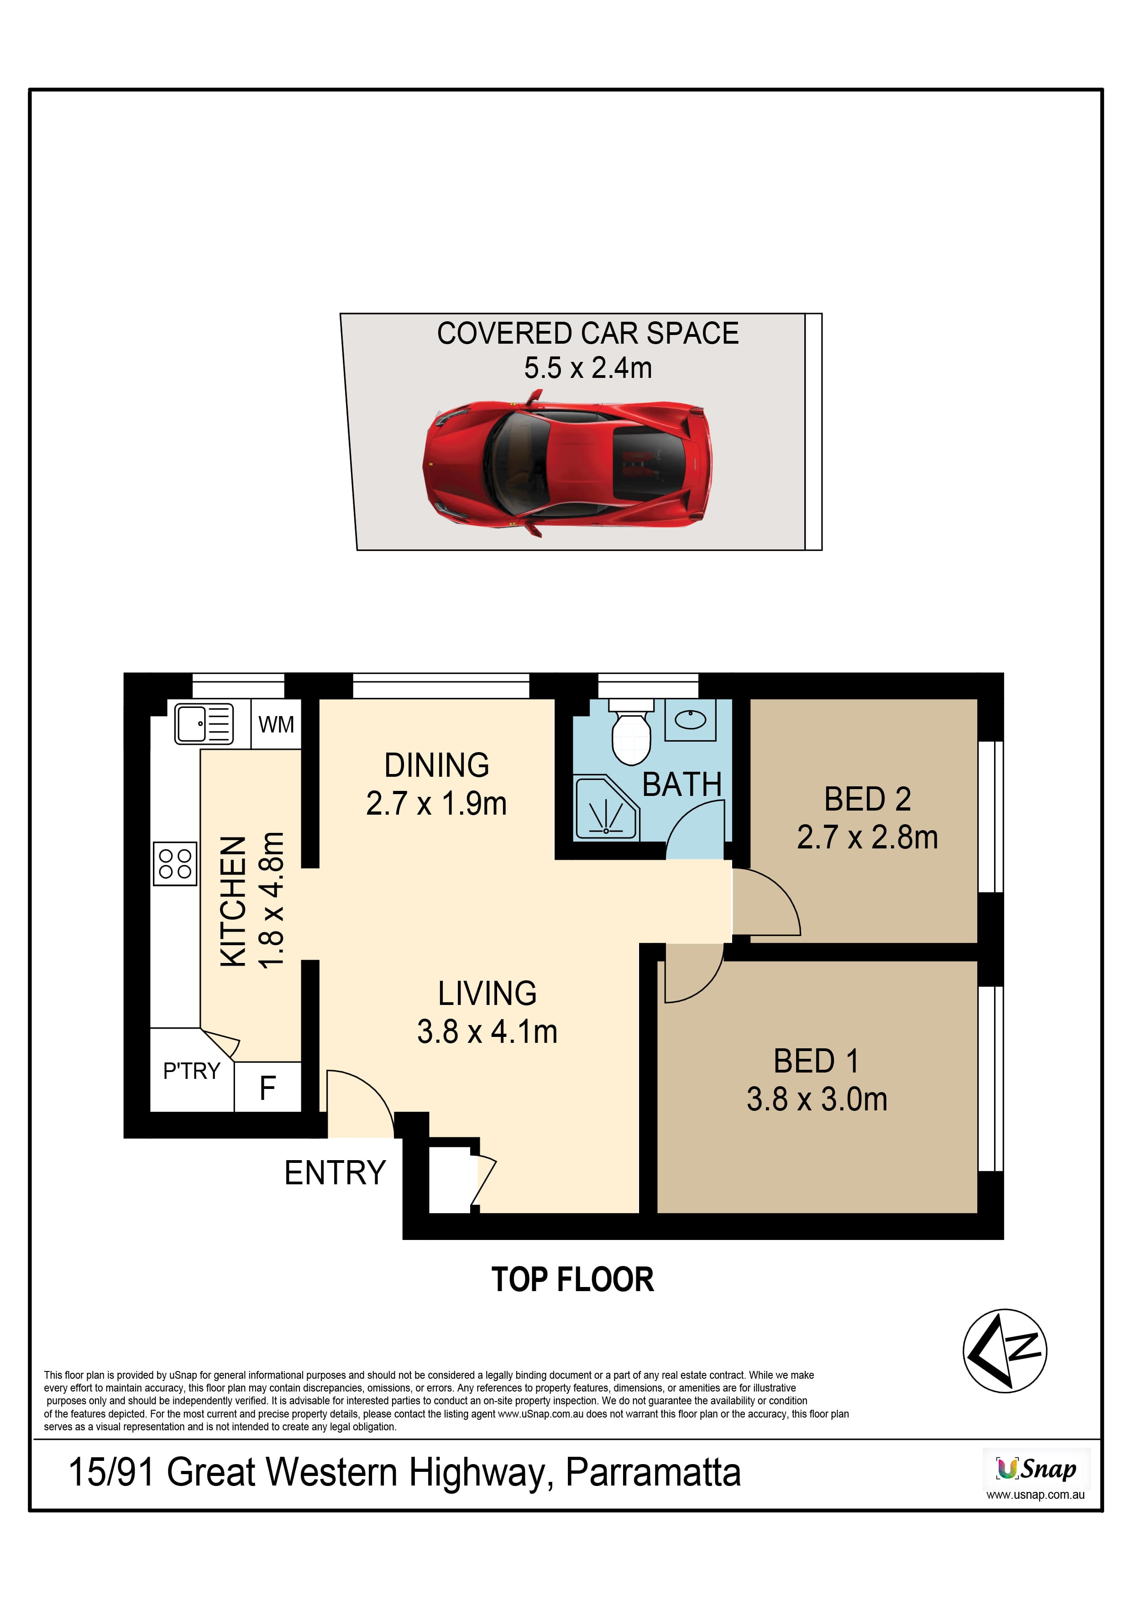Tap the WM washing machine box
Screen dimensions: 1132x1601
(x=276, y=724)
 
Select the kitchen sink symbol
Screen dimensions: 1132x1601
(x=204, y=724)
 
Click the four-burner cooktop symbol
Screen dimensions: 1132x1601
(x=175, y=863)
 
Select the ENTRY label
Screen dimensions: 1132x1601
(x=335, y=1173)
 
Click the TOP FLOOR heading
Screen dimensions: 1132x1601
(x=573, y=1280)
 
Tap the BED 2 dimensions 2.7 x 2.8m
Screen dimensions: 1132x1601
(x=868, y=837)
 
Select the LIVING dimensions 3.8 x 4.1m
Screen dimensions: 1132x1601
(x=487, y=1031)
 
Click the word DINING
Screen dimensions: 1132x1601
(x=437, y=765)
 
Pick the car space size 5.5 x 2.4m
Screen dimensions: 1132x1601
(x=588, y=367)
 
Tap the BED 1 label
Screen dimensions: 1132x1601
(x=816, y=1061)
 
